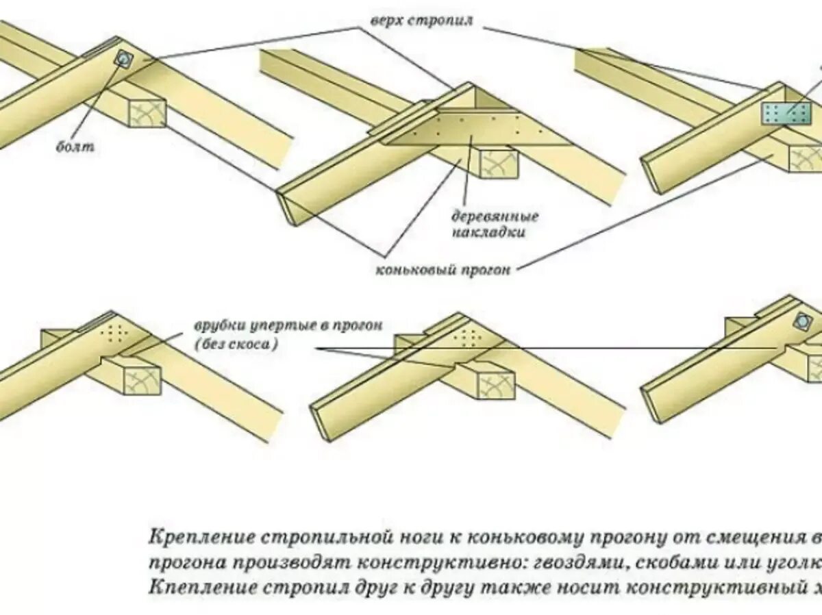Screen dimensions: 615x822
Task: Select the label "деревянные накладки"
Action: pyautogui.click(x=494, y=224)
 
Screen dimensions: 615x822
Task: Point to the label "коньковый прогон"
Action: pyautogui.click(x=443, y=269)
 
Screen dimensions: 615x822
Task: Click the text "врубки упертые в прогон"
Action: pyautogui.click(x=287, y=326)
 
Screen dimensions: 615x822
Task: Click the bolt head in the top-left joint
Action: pyautogui.click(x=123, y=59)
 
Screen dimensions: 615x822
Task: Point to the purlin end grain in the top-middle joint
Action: pyautogui.click(x=498, y=164)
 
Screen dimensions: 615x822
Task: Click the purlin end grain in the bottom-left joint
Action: pyautogui.click(x=142, y=379)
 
